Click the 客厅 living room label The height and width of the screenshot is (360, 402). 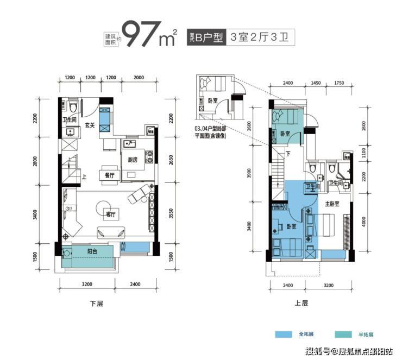pyautogui.click(x=111, y=214)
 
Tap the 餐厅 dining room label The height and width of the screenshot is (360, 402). pyautogui.click(x=110, y=175)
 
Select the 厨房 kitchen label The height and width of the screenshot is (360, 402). pyautogui.click(x=133, y=160)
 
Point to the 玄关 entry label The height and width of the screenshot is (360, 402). pyautogui.click(x=90, y=125)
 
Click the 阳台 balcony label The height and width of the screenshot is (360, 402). pyautogui.click(x=92, y=251)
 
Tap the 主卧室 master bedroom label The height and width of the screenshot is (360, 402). pyautogui.click(x=332, y=204)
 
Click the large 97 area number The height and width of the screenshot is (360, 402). pyautogui.click(x=141, y=34)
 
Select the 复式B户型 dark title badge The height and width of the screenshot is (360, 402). pyautogui.click(x=206, y=37)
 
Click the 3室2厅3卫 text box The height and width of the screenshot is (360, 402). pyautogui.click(x=260, y=37)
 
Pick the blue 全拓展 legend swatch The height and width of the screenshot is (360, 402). pyautogui.click(x=283, y=334)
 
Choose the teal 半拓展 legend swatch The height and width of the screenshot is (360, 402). pyautogui.click(x=343, y=334)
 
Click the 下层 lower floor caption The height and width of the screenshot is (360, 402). pyautogui.click(x=96, y=304)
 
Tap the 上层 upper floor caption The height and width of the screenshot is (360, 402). pyautogui.click(x=301, y=303)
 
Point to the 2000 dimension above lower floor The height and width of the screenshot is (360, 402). pyautogui.click(x=139, y=78)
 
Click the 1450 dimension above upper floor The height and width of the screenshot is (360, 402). pyautogui.click(x=316, y=83)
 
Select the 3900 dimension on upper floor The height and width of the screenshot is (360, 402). pyautogui.click(x=249, y=173)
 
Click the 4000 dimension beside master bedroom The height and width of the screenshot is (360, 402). pyautogui.click(x=363, y=222)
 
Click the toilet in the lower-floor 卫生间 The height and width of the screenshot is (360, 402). pyautogui.click(x=73, y=107)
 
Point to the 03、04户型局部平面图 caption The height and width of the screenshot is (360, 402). pyautogui.click(x=210, y=132)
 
